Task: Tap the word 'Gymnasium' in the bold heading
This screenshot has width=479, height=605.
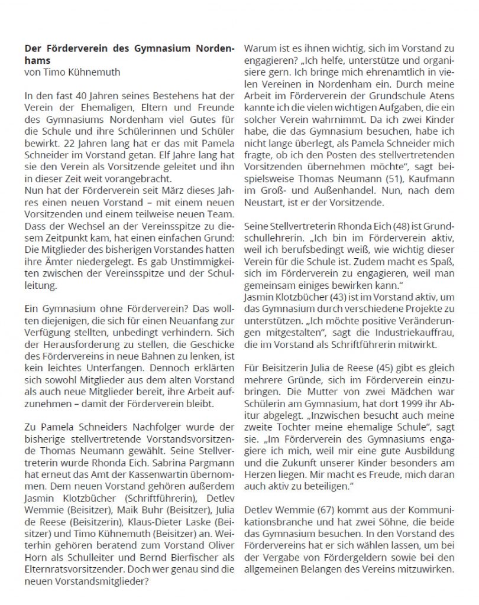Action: (x=169, y=48)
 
